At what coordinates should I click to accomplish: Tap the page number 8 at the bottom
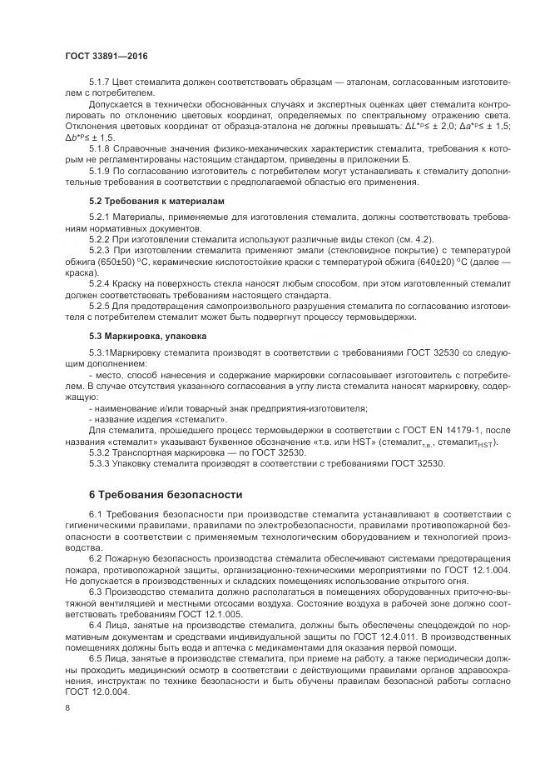[68, 707]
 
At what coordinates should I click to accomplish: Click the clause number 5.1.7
[100, 83]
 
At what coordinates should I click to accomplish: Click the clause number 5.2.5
[100, 306]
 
